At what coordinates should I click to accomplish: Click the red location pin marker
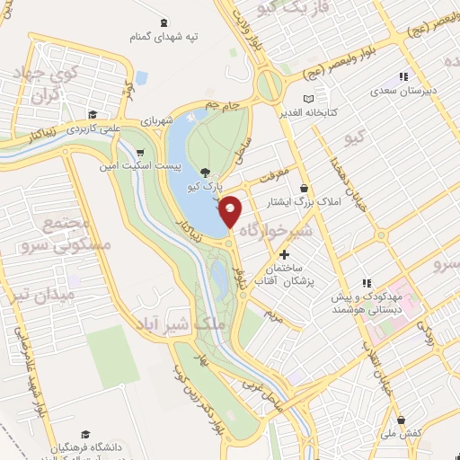(x=231, y=212)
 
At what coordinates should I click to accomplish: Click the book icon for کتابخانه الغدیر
(x=310, y=98)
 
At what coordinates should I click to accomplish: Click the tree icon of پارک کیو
(x=207, y=172)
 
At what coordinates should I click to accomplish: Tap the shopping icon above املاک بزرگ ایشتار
(x=304, y=189)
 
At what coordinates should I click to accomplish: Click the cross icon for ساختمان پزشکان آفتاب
(x=285, y=257)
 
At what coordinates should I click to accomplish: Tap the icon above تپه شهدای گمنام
(x=164, y=22)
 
